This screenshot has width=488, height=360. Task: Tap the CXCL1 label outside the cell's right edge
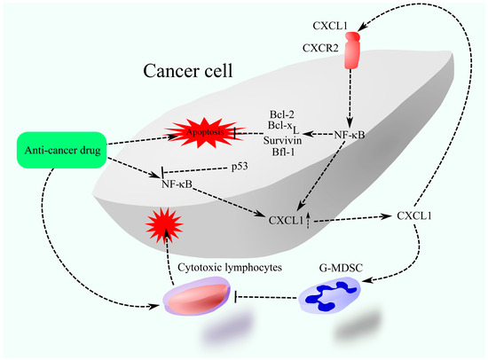point(414,215)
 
